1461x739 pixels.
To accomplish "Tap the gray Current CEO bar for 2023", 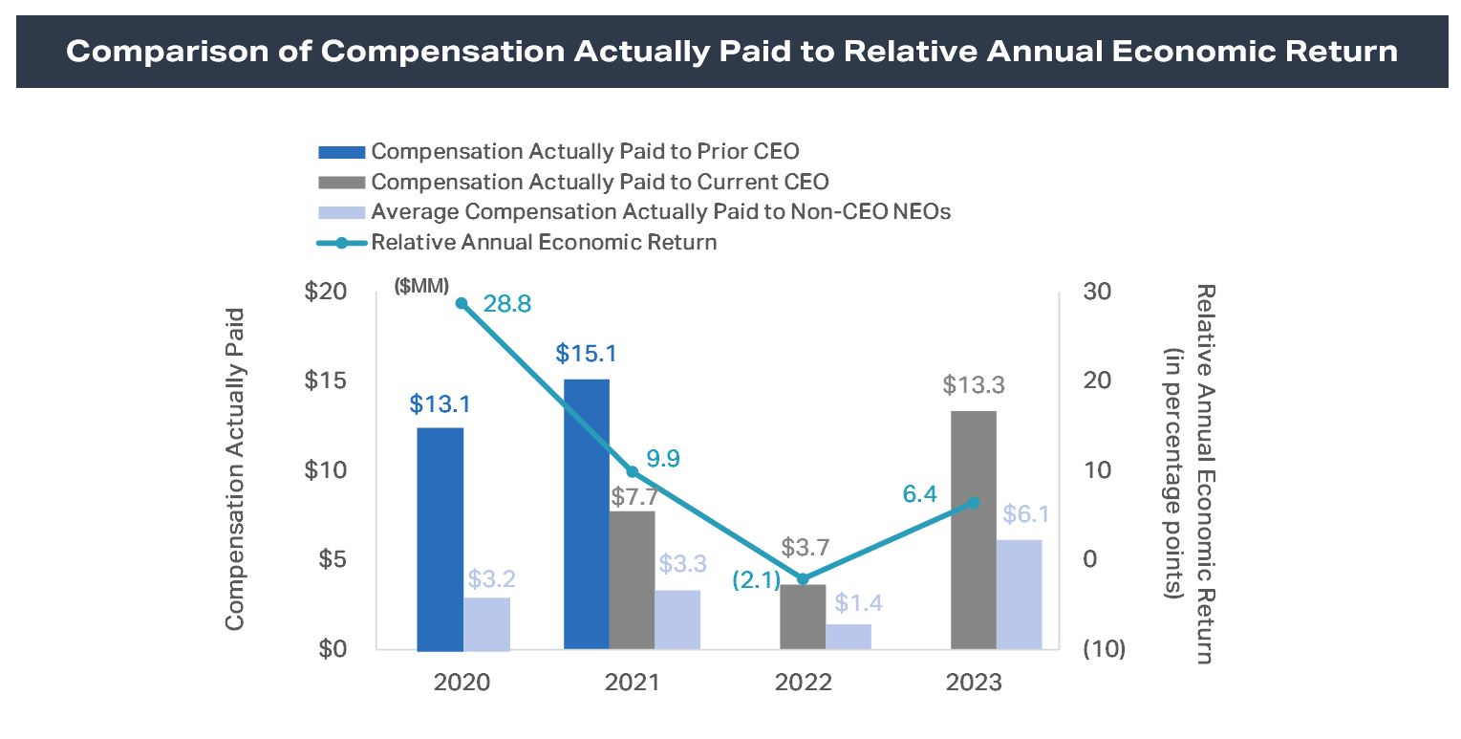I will click(x=973, y=531).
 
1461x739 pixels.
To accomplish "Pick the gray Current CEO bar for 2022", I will click(x=803, y=617).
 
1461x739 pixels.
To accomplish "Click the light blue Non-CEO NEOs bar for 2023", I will click(x=1019, y=595).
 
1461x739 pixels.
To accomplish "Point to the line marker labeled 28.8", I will click(x=462, y=303).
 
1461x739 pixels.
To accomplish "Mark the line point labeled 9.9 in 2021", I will click(x=632, y=471).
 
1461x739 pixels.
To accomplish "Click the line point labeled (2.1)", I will click(x=803, y=578).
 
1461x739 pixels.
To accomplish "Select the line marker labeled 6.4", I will click(x=973, y=503).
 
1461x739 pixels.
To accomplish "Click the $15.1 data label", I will click(x=586, y=355).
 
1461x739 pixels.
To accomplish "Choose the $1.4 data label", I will click(x=857, y=604).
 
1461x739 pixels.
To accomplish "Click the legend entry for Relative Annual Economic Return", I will click(x=543, y=242).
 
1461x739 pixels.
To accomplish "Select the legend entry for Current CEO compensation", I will click(x=599, y=182).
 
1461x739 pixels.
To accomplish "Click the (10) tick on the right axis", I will click(x=1103, y=649).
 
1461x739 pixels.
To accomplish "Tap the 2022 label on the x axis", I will click(x=803, y=683).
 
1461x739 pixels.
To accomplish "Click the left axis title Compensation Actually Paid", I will click(x=234, y=468).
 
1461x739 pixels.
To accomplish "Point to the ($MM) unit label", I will click(x=421, y=285).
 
